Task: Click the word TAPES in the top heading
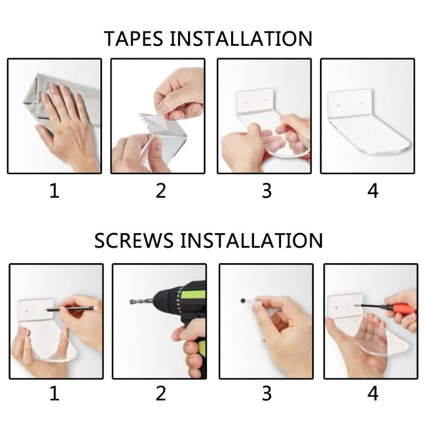(133, 38)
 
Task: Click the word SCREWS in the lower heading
(134, 241)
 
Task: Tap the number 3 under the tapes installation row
(267, 191)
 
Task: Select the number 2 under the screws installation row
(161, 393)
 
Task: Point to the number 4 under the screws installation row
(373, 393)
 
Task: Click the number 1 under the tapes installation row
(55, 191)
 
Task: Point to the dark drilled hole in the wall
(243, 301)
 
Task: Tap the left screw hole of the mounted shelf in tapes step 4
(338, 104)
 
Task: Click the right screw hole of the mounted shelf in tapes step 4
(362, 103)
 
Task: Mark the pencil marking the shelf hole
(71, 309)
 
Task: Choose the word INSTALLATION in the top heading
(241, 38)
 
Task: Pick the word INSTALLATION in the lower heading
(251, 241)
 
